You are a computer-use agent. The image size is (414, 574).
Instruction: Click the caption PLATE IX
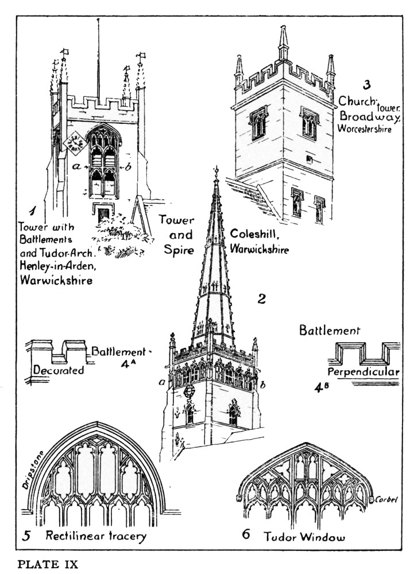48,564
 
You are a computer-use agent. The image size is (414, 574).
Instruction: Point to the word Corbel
387,499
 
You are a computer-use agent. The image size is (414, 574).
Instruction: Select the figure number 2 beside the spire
262,298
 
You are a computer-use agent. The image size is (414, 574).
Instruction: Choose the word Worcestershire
365,129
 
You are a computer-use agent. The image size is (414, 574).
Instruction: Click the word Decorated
59,370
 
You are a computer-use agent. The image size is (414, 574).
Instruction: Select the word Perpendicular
363,372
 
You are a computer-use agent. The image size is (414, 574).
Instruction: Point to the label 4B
321,388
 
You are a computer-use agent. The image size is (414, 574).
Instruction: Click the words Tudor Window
304,537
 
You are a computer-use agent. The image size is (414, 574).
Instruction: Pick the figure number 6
246,535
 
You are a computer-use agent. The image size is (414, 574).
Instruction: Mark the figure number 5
26,537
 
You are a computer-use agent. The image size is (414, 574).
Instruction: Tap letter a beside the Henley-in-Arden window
76,166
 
